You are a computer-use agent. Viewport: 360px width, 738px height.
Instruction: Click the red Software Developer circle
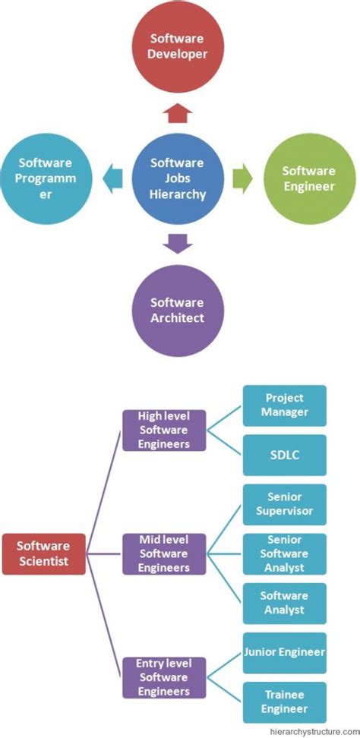[x=178, y=46]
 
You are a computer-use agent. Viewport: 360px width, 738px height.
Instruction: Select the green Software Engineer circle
[x=309, y=178]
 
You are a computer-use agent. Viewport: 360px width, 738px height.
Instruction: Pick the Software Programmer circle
[x=47, y=178]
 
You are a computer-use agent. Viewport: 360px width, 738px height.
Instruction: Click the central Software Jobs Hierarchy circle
[x=178, y=178]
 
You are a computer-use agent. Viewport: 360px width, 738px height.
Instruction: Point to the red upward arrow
[x=178, y=113]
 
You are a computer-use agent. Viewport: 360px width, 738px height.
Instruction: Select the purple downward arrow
[x=178, y=243]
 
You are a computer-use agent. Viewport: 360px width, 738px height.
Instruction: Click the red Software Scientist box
[x=43, y=553]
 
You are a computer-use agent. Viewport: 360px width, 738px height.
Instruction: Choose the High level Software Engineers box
[x=164, y=430]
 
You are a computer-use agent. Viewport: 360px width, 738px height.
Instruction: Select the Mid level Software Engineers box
[x=164, y=553]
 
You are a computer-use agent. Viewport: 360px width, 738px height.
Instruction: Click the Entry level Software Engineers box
[x=164, y=678]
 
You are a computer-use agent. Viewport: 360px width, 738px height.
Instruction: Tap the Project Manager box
[x=284, y=405]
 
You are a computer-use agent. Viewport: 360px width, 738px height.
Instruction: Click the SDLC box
[x=284, y=455]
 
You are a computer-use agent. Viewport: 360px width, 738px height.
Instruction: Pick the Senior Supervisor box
[x=284, y=504]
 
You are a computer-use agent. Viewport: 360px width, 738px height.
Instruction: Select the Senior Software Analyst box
[x=284, y=553]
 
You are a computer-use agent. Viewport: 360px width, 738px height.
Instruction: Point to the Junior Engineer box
[x=284, y=652]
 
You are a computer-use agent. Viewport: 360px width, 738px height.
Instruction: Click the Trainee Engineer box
[x=284, y=702]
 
